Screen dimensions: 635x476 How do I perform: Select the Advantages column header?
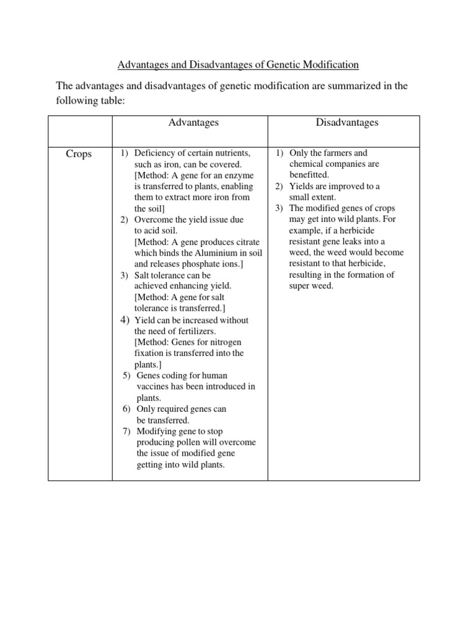(x=193, y=123)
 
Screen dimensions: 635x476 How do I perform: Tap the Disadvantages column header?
(x=347, y=123)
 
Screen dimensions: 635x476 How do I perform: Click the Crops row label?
(x=79, y=154)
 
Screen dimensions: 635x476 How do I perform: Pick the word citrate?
(x=246, y=242)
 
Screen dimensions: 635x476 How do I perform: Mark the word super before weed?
(x=301, y=286)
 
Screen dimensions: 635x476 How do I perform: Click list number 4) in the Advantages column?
(x=125, y=320)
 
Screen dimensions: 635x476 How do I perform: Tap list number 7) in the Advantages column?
(x=127, y=431)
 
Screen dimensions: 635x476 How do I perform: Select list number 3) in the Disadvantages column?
(x=280, y=208)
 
